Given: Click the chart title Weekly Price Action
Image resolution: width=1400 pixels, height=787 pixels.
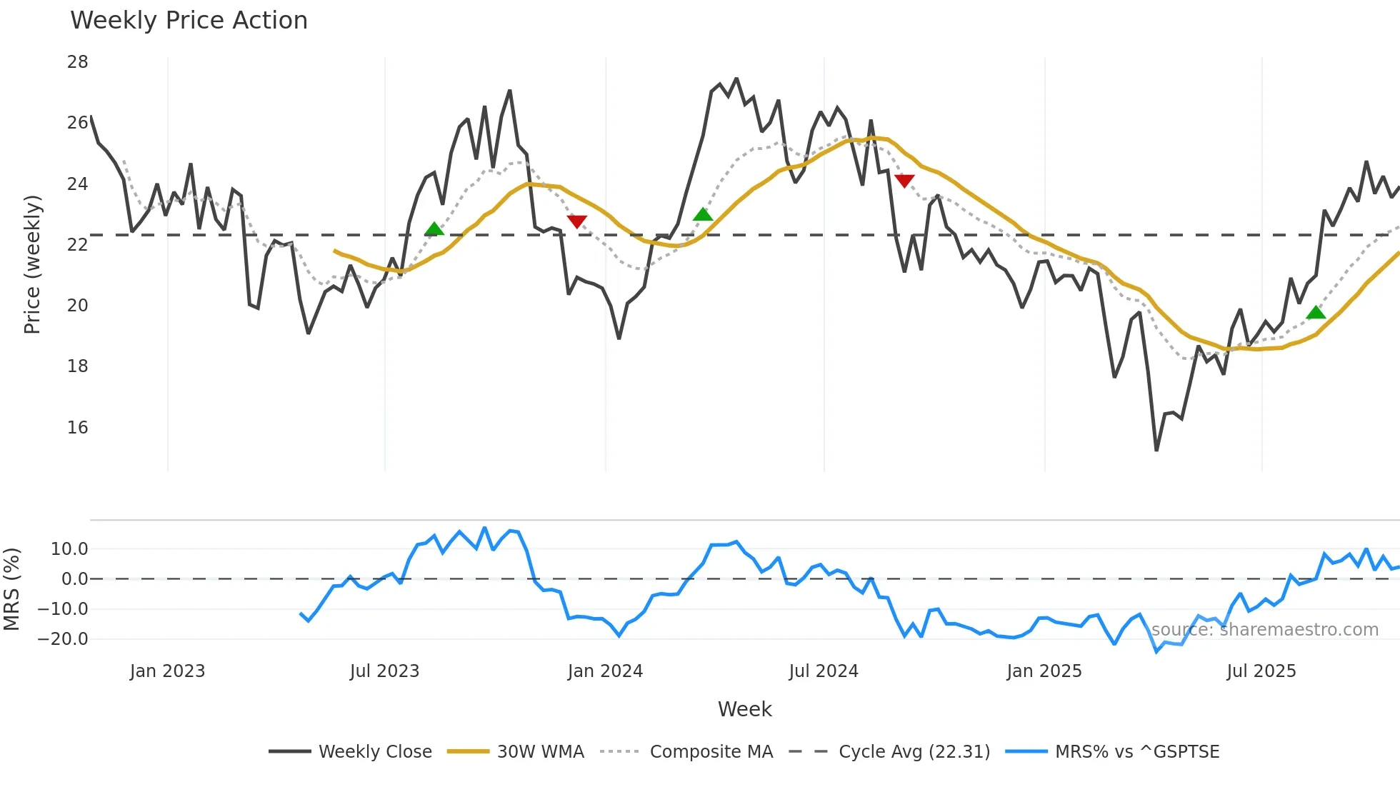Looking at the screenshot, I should click(x=189, y=21).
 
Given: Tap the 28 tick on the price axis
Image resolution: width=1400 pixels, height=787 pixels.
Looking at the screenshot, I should click(x=78, y=62).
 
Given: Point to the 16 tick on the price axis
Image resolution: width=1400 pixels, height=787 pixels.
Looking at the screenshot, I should click(x=78, y=428).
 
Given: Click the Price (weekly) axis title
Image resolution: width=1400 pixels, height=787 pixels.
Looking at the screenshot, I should click(x=32, y=264).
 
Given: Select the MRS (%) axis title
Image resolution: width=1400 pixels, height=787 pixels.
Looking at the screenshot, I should click(x=11, y=589).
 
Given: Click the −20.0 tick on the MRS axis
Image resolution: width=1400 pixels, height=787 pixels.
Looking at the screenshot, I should click(x=63, y=639).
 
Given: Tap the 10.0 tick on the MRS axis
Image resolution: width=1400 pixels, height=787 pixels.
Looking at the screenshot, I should click(x=69, y=549).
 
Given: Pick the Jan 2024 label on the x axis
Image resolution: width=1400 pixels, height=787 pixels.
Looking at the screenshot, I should click(x=605, y=671).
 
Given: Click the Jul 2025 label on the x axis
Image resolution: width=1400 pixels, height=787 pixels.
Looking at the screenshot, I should click(x=1261, y=671).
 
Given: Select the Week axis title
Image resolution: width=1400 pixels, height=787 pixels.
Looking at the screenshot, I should click(x=744, y=709).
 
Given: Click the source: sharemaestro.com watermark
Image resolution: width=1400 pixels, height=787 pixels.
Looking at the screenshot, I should click(x=1264, y=630).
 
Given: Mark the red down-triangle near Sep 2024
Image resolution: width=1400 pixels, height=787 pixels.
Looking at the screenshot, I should click(x=904, y=181).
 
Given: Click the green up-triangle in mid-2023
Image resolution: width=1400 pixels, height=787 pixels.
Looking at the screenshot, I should click(x=434, y=229).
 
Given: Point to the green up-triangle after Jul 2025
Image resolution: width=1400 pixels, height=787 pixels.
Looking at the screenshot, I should click(x=1316, y=313).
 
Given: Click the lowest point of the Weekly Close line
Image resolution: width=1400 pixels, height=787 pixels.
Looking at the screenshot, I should click(x=1156, y=450).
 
